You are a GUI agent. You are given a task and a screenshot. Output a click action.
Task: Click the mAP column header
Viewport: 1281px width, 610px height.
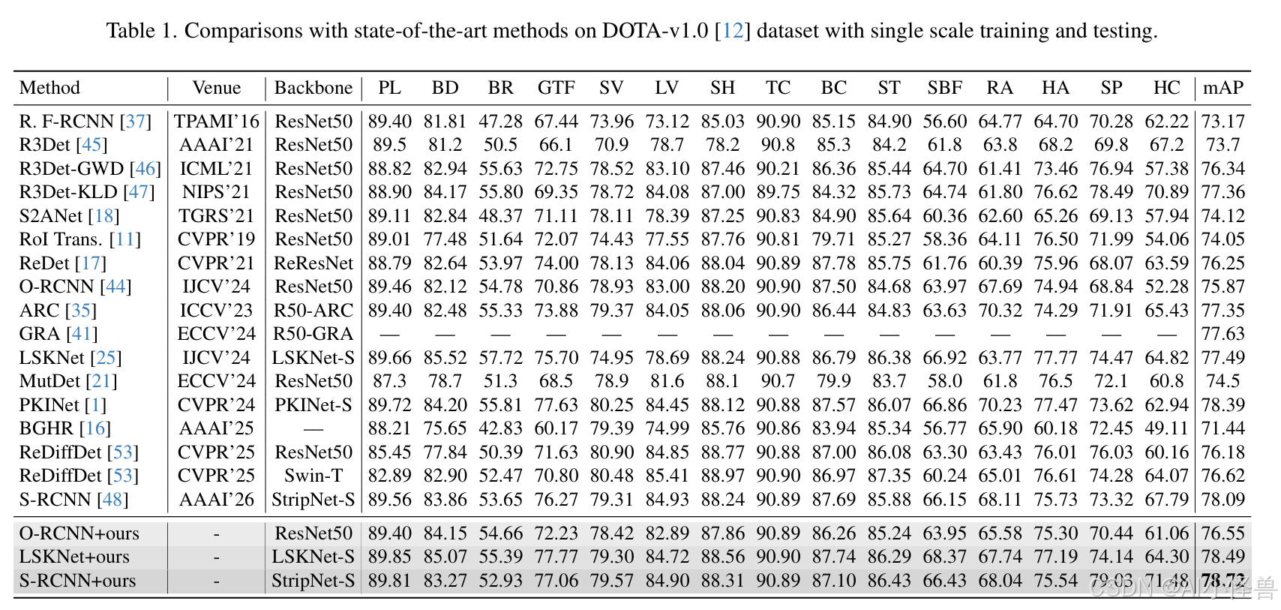[1223, 88]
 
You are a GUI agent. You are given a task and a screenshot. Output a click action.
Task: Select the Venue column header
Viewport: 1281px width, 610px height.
[216, 88]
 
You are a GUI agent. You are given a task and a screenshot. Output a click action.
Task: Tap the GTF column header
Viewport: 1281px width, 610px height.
[556, 88]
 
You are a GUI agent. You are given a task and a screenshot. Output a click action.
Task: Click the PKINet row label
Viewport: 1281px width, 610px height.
[49, 405]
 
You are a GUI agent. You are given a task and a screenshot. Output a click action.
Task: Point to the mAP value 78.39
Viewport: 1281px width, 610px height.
[1223, 405]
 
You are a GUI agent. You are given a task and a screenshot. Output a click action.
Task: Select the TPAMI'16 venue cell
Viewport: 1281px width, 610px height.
[216, 122]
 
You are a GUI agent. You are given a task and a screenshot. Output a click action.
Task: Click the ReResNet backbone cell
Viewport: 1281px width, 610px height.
[313, 263]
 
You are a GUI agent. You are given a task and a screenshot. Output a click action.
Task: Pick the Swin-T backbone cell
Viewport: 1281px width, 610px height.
[313, 476]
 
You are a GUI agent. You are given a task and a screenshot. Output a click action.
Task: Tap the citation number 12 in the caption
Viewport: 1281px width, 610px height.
[733, 30]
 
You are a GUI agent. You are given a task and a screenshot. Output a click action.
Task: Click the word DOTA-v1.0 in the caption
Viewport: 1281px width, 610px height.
[655, 30]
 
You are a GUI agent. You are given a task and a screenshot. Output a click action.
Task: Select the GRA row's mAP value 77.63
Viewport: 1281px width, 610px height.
[1223, 334]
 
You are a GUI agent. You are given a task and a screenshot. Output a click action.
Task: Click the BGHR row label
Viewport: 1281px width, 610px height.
[47, 428]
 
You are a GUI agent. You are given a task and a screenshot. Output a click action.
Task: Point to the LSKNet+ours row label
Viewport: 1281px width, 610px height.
[74, 557]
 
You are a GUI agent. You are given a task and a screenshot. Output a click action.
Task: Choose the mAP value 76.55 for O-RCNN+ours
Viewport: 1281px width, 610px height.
[1223, 533]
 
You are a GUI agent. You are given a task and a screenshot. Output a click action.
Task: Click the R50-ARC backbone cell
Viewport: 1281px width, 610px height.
[313, 310]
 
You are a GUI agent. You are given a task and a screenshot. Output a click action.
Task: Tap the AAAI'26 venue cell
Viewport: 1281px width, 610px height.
[216, 500]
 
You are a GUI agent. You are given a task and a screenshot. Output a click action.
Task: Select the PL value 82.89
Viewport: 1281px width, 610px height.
[389, 476]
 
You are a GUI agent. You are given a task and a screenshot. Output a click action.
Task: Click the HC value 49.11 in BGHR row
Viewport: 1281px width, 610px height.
[1167, 428]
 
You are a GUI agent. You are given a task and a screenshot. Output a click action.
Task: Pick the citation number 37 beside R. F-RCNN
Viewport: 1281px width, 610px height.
[135, 122]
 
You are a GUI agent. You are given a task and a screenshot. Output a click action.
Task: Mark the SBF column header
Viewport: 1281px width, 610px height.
[945, 88]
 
